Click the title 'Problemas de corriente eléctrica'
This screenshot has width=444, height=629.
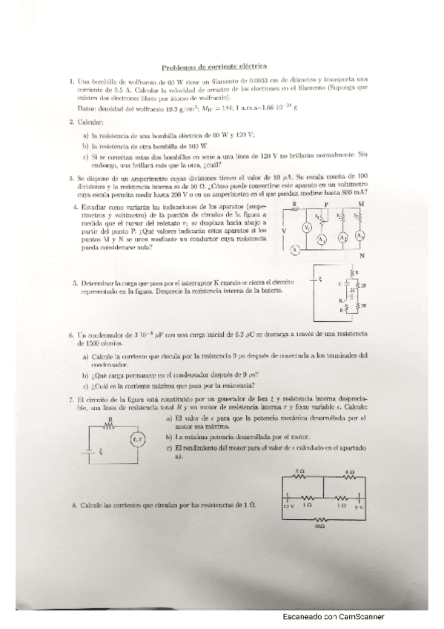coord(221,65)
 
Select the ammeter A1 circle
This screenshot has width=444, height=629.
coord(322,240)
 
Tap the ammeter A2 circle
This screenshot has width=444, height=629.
coord(343,237)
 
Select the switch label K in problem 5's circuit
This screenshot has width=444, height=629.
coord(342,299)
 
